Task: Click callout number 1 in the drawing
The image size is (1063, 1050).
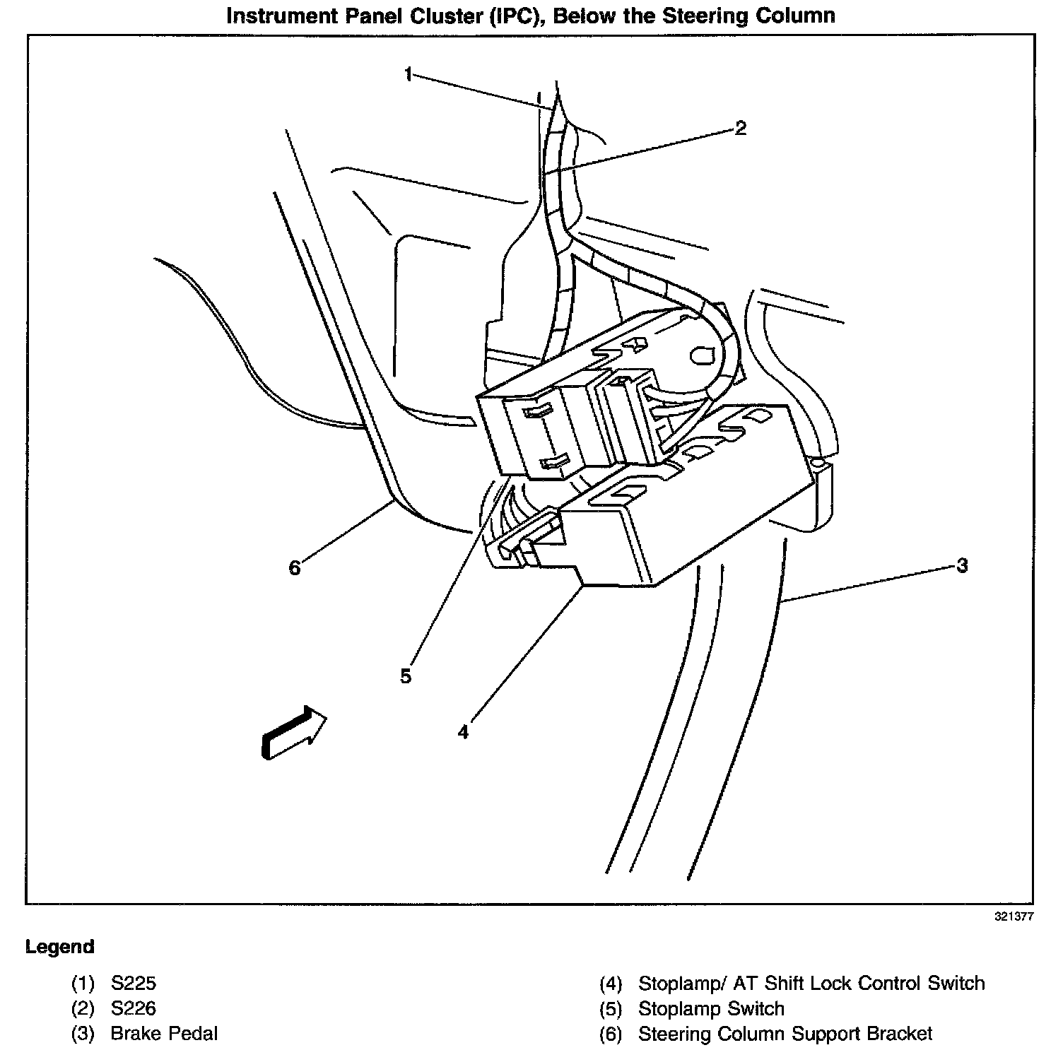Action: click(x=409, y=74)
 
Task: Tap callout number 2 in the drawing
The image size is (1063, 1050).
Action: click(x=740, y=128)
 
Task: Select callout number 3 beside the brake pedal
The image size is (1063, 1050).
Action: click(x=961, y=565)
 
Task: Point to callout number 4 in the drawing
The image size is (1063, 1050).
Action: click(x=463, y=732)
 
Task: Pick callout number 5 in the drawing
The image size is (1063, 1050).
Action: click(x=406, y=676)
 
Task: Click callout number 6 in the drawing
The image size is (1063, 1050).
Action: click(x=295, y=567)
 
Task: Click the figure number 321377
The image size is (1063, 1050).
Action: click(x=1014, y=916)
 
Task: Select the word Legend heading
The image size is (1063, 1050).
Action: click(x=59, y=947)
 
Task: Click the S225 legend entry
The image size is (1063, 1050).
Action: click(x=133, y=983)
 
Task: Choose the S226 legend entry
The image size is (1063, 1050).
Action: click(x=133, y=1008)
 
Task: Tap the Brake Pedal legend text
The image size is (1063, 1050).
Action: click(x=164, y=1034)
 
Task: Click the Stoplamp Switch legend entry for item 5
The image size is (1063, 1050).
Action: click(x=711, y=1008)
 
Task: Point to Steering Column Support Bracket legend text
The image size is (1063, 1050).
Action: click(x=785, y=1034)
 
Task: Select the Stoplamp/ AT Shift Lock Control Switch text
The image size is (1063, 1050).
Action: click(x=811, y=983)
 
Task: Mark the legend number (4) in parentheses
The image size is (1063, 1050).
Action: click(x=610, y=983)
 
